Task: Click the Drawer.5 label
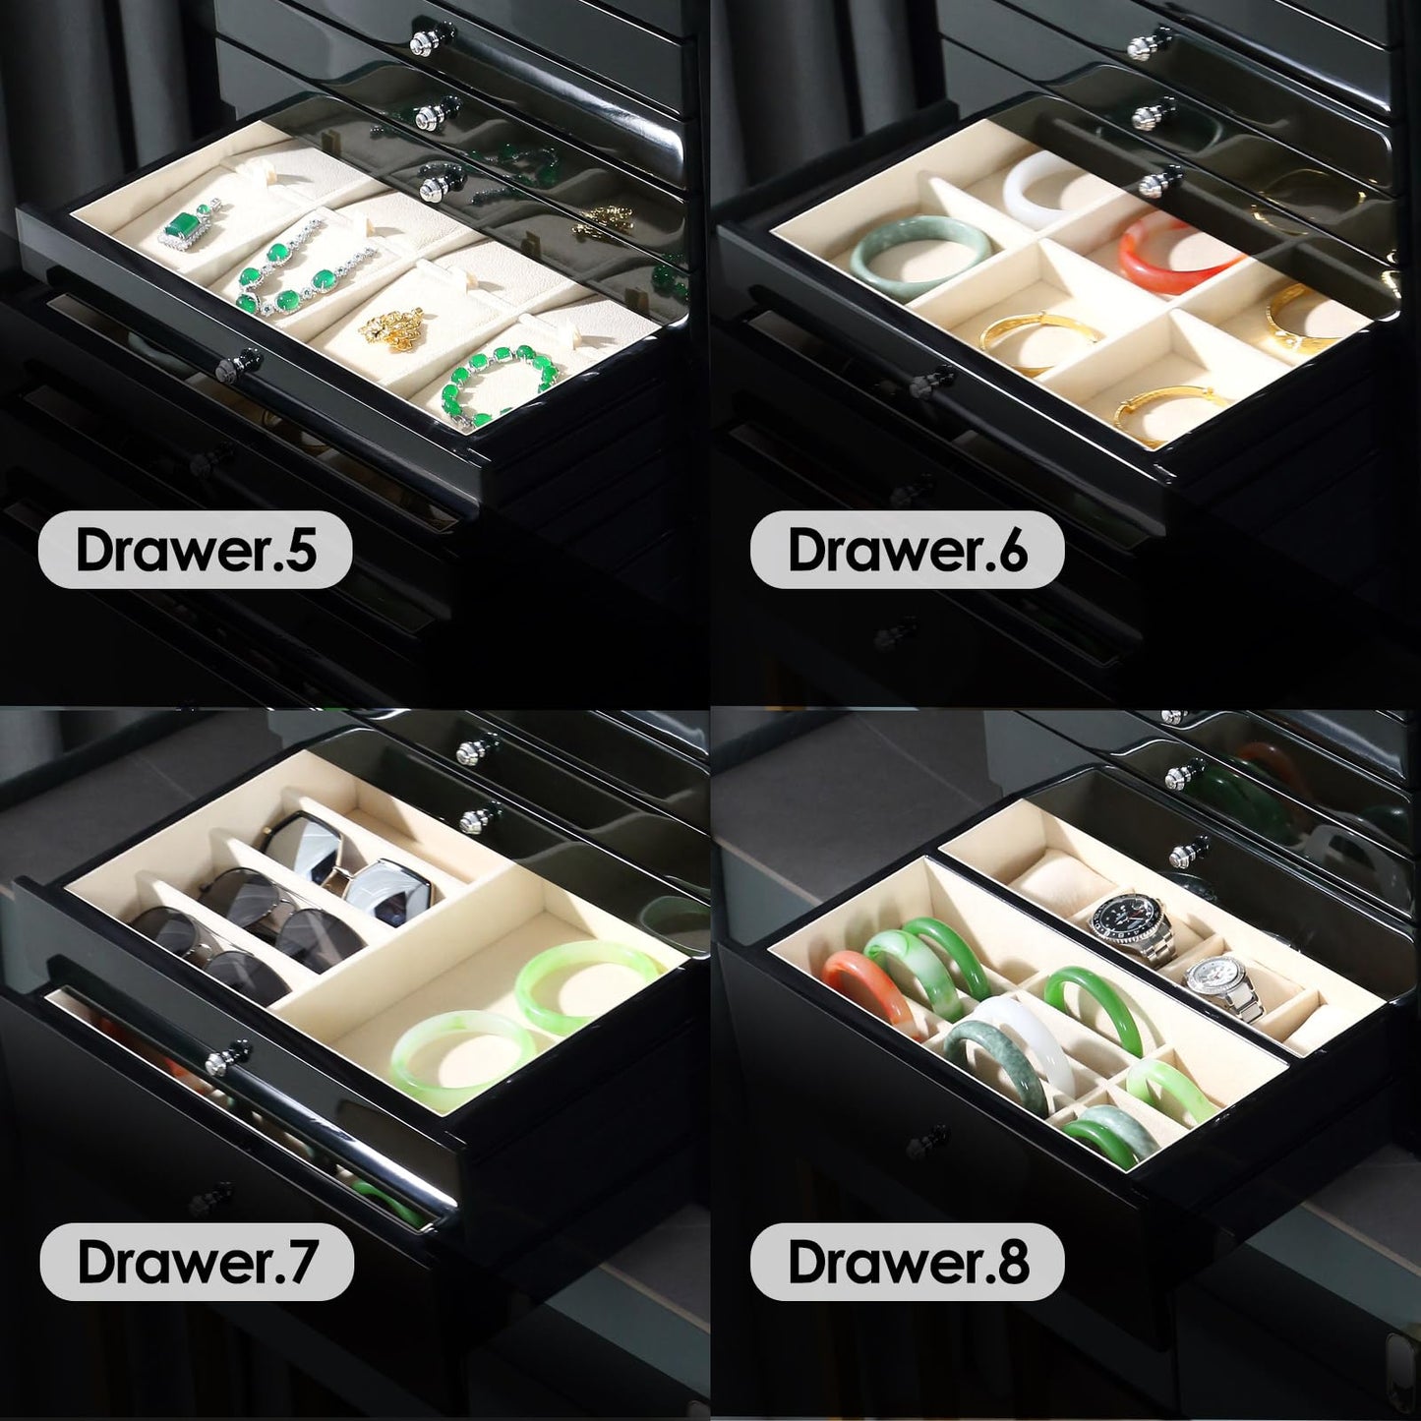click(196, 550)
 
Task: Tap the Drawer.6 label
click(907, 550)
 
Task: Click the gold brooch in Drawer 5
click(389, 325)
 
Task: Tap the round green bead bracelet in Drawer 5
click(499, 387)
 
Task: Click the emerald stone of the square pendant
click(184, 225)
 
